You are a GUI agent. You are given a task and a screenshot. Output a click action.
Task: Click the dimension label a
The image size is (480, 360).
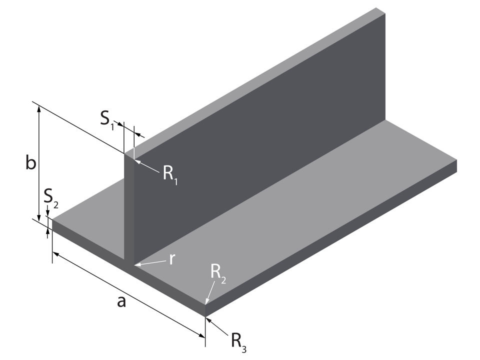coord(120,301)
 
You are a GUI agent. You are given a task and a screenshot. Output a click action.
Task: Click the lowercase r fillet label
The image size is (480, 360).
coord(171,259)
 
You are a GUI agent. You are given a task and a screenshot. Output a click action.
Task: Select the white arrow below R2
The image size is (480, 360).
coord(210,292)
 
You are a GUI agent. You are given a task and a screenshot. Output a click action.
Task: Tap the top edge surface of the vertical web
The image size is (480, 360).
coord(250,80)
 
